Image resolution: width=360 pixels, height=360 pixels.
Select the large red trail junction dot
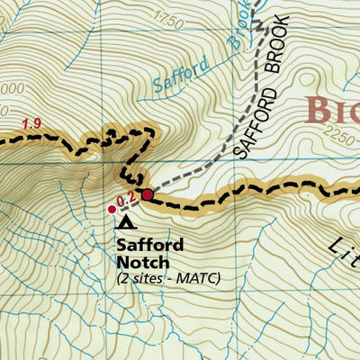click(x=148, y=193)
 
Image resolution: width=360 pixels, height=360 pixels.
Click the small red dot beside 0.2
click(x=112, y=209)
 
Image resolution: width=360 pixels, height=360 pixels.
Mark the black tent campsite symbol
click(x=126, y=221)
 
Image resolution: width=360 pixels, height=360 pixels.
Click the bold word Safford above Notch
click(x=150, y=245)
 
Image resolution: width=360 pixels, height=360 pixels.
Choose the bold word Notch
click(x=142, y=262)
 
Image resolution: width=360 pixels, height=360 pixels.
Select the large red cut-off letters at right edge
click(x=332, y=110)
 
